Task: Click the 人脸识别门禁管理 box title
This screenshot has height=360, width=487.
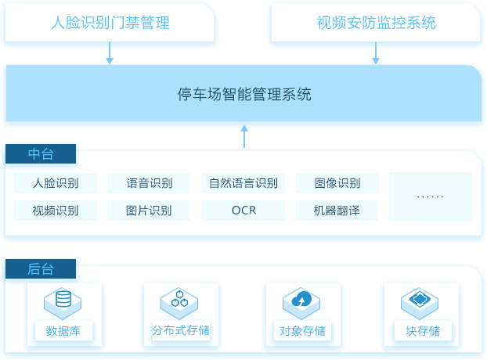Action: [x=110, y=23]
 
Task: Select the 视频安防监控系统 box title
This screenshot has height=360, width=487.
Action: [x=376, y=23]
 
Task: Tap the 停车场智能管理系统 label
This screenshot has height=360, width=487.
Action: [x=244, y=94]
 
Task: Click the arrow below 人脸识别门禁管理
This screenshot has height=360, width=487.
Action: [x=110, y=52]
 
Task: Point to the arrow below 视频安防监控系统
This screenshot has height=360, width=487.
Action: [x=376, y=52]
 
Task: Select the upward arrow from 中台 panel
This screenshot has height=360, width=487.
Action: [x=244, y=136]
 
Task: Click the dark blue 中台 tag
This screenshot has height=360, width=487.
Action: [x=41, y=153]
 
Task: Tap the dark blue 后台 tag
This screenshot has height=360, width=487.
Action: [x=41, y=268]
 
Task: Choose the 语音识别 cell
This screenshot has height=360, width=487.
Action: [x=149, y=183]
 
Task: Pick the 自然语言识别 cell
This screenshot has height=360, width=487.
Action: [x=243, y=183]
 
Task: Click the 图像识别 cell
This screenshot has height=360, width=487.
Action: [x=337, y=183]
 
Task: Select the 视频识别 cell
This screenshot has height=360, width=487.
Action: [x=56, y=211]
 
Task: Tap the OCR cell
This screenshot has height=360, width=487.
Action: [x=243, y=211]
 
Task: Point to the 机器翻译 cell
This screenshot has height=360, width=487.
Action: [x=337, y=211]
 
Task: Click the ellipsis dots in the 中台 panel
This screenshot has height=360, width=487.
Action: [x=430, y=196]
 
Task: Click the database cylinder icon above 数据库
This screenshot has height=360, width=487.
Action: [x=63, y=298]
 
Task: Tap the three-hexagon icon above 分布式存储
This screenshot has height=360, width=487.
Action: [x=179, y=298]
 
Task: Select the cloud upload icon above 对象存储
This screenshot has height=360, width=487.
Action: [x=301, y=298]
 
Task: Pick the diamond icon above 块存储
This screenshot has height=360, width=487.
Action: [x=420, y=298]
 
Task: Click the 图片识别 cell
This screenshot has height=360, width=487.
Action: [x=149, y=211]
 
